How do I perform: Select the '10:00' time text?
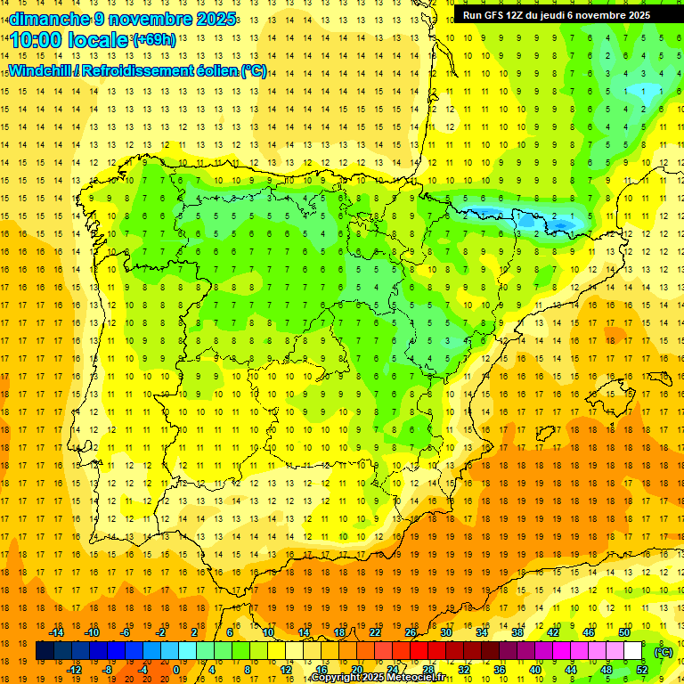(37, 41)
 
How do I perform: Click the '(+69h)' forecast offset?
(154, 40)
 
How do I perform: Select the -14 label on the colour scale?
(56, 632)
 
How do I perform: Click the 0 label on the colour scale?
(176, 669)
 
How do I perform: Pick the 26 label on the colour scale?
(411, 632)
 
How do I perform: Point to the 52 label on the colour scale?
(641, 669)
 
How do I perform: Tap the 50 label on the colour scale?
(624, 632)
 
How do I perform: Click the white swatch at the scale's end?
(633, 651)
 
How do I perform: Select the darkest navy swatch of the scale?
(45, 651)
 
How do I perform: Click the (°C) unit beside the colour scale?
(663, 652)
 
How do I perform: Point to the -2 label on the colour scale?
(161, 632)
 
